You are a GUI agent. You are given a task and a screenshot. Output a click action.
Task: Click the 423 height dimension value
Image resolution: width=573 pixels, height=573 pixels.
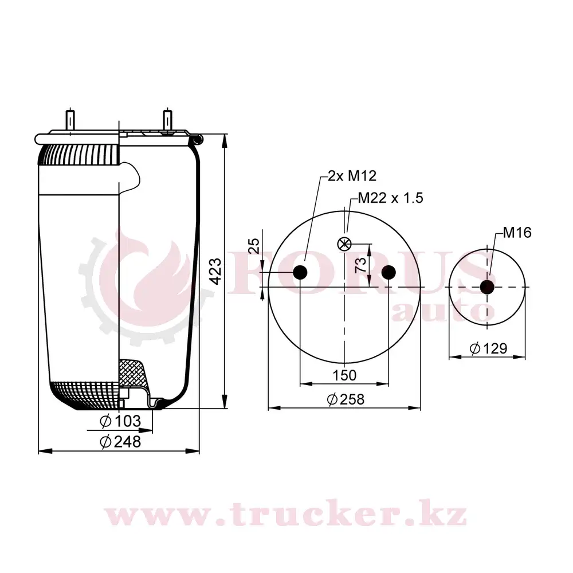click(217, 272)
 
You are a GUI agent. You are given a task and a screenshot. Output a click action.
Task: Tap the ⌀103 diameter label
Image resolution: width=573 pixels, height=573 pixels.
click(120, 421)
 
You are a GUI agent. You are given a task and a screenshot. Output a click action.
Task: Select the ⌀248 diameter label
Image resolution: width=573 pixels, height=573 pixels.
click(120, 442)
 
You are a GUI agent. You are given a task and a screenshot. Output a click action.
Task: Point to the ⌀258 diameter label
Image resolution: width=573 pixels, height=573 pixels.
click(346, 399)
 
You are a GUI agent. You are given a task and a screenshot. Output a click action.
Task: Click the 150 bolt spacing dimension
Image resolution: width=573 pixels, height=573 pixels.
click(344, 375)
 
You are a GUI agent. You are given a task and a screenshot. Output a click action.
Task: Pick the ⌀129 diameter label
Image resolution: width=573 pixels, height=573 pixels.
click(488, 348)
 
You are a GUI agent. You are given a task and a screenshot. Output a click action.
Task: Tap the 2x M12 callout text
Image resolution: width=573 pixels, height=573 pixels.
click(352, 176)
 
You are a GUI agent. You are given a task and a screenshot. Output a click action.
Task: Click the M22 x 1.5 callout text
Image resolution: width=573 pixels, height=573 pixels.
click(390, 198)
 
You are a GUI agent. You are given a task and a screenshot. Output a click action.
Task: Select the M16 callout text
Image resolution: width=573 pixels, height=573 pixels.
click(517, 233)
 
